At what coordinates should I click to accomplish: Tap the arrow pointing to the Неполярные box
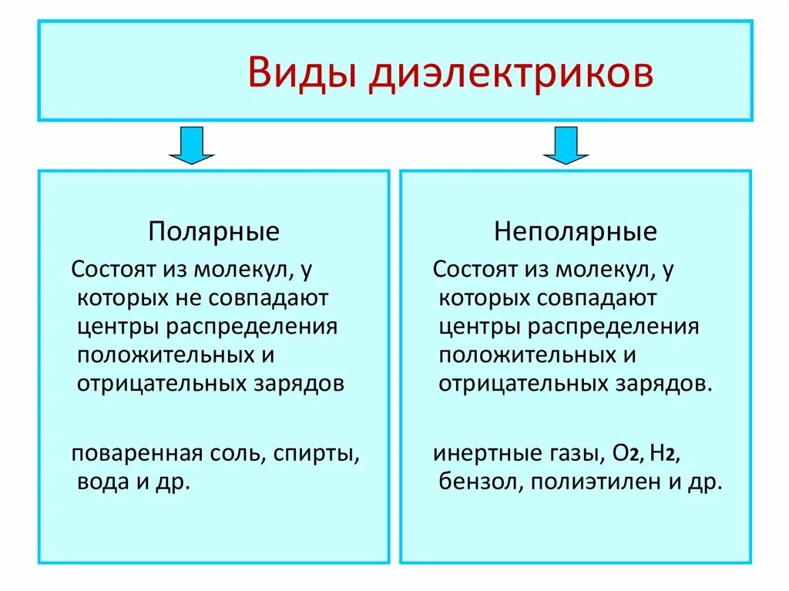(566, 145)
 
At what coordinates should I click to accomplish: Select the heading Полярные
(214, 231)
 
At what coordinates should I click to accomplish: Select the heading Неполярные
(576, 231)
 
